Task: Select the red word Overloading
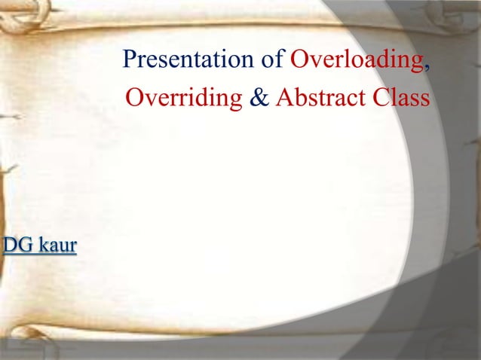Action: (357, 59)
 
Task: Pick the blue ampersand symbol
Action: (259, 99)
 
